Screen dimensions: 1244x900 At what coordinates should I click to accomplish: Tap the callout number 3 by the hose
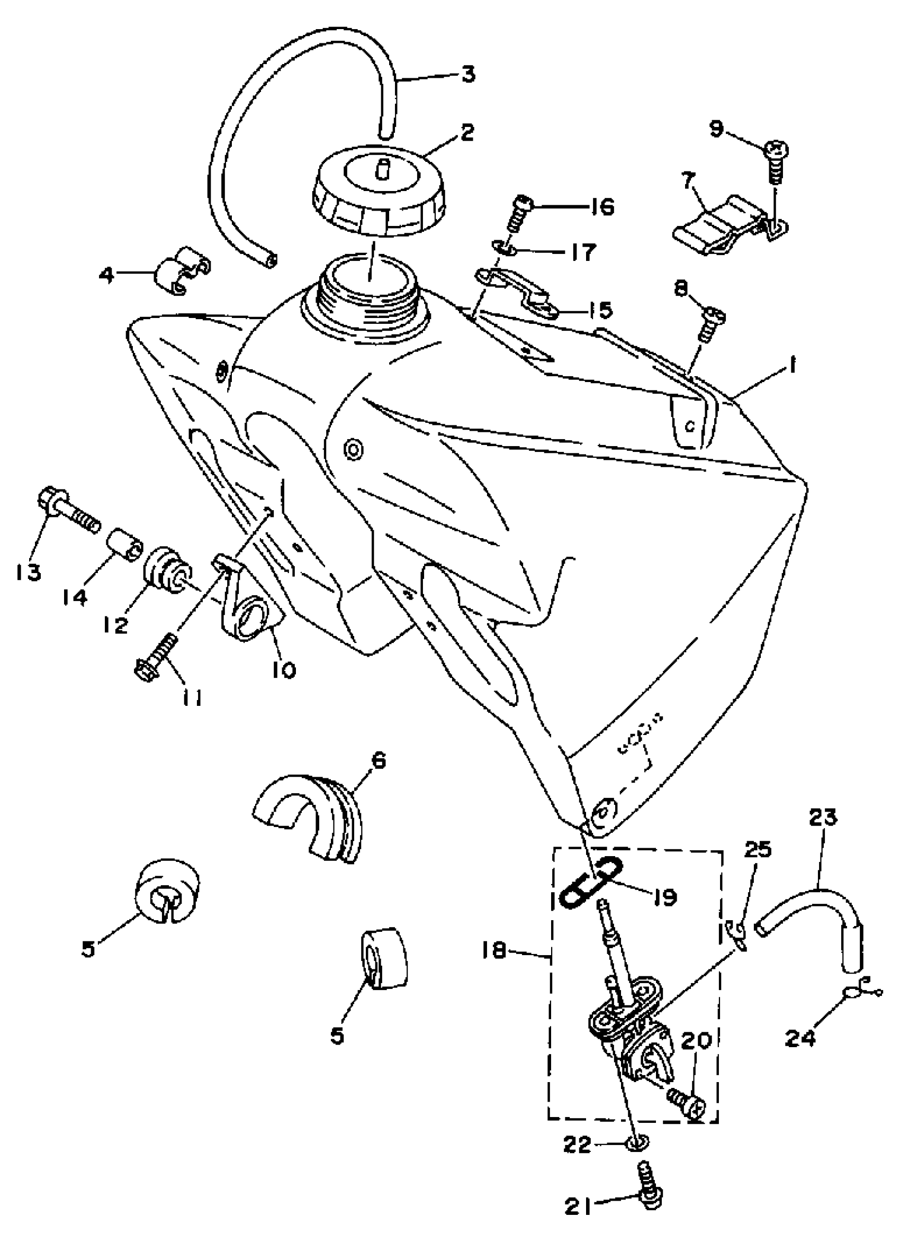[x=467, y=74]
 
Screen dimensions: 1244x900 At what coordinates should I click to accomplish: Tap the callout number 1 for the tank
[x=793, y=365]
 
